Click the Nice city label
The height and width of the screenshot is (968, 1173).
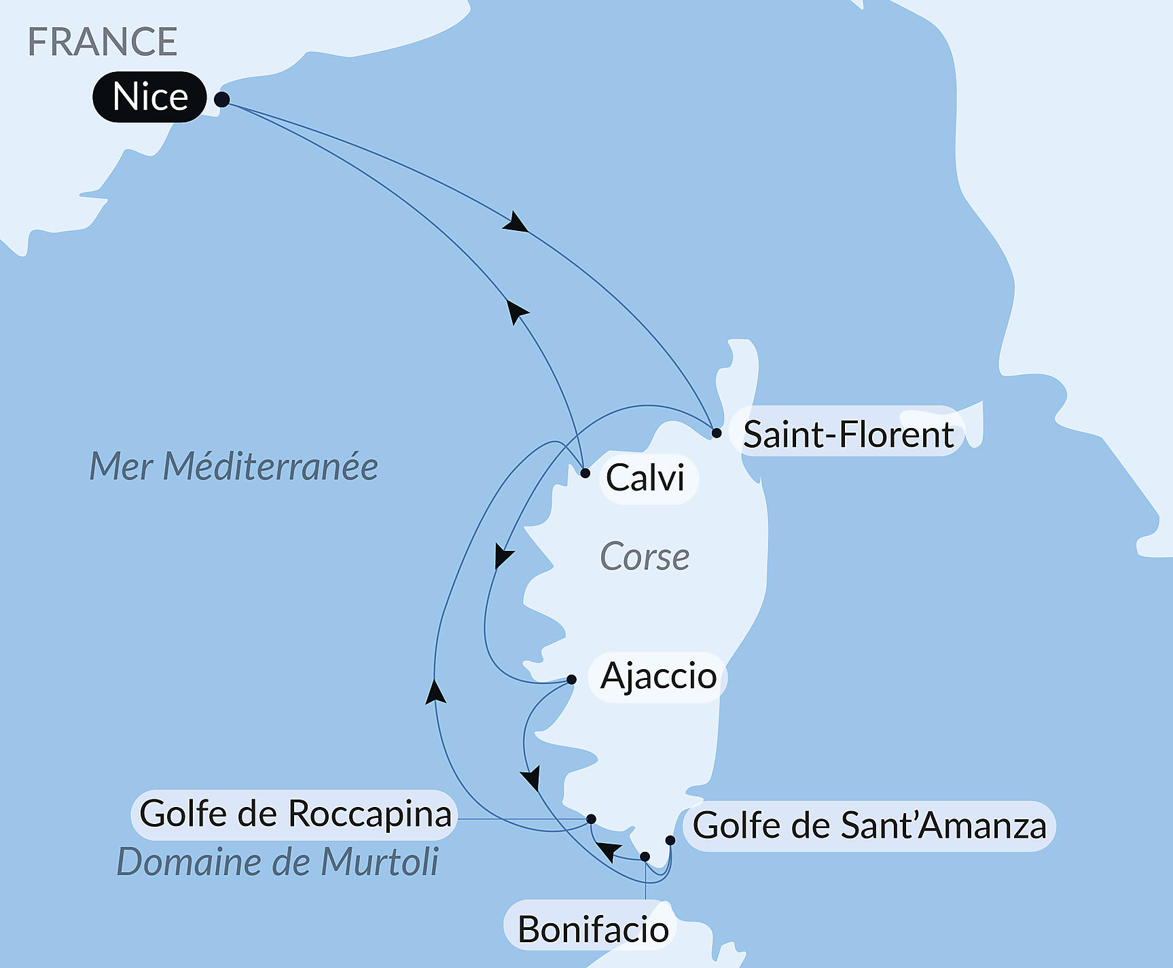click(149, 96)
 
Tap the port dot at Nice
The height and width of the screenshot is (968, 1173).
click(221, 99)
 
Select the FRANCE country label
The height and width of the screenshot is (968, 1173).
click(103, 41)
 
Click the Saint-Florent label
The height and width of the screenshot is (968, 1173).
click(848, 434)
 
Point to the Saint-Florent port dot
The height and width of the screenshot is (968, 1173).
click(716, 433)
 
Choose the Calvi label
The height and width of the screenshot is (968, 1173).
click(645, 478)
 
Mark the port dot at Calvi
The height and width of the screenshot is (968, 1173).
click(585, 473)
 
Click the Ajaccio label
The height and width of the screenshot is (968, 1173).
click(658, 676)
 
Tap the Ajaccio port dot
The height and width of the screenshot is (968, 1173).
click(571, 679)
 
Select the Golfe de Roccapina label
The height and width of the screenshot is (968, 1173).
click(295, 814)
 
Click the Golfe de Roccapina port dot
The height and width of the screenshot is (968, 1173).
click(591, 819)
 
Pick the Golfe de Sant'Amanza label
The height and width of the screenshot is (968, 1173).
click(869, 826)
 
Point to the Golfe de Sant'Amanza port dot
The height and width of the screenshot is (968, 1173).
click(670, 840)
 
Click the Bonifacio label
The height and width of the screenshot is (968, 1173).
click(593, 929)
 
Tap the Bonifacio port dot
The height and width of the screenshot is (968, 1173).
click(645, 857)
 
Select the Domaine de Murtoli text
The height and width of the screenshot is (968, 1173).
click(277, 862)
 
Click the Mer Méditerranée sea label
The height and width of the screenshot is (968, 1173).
click(234, 467)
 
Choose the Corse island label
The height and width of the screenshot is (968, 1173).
click(645, 557)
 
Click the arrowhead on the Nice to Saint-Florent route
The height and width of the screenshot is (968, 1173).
click(516, 223)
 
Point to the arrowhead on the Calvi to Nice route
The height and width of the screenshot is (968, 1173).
click(517, 312)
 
